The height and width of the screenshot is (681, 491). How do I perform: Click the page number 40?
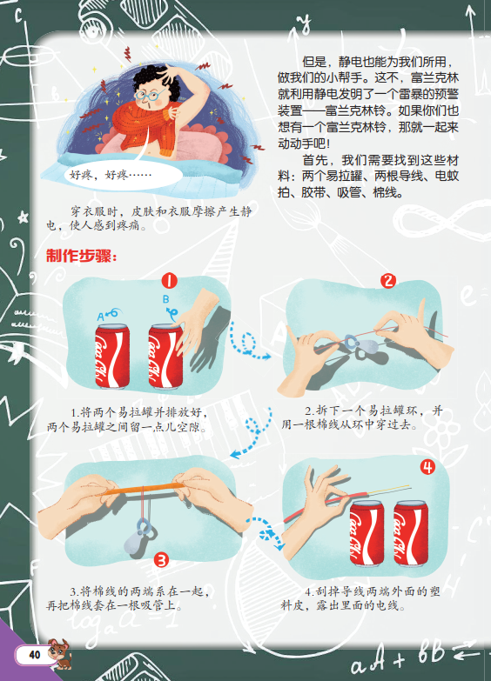[34, 655]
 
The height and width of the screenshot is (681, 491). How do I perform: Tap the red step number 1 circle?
[170, 281]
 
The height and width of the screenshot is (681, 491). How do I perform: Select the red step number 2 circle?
[388, 281]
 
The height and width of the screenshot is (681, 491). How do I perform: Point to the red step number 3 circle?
[161, 560]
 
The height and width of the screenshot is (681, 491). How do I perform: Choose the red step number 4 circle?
[427, 467]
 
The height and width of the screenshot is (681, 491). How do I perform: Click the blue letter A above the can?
[100, 317]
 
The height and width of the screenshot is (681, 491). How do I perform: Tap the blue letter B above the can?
[165, 299]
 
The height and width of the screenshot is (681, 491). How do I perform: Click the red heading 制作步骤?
[82, 256]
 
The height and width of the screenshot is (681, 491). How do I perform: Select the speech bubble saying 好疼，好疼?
[124, 175]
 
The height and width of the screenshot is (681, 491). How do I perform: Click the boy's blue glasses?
[148, 95]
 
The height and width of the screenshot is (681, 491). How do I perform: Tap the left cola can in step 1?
[112, 356]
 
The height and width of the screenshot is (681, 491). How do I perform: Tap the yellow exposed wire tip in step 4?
[389, 490]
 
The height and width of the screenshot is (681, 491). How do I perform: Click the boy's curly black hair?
[157, 81]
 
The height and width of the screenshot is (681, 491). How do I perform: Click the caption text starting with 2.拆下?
[362, 417]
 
